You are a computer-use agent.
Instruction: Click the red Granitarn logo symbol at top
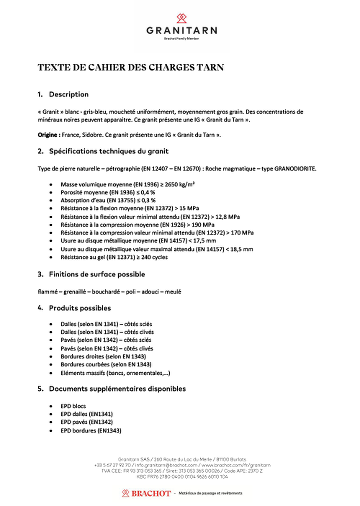click(181, 18)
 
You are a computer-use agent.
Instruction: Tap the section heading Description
click(69, 94)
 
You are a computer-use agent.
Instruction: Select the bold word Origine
click(47, 135)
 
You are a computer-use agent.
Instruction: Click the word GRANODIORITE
click(295, 169)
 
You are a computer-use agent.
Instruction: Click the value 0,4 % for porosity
click(148, 192)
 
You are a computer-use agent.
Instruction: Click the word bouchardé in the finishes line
click(106, 292)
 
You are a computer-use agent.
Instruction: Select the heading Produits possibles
click(80, 308)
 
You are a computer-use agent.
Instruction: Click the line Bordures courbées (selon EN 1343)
click(106, 364)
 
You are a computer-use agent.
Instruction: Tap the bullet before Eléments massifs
click(51, 373)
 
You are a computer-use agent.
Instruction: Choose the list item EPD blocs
click(73, 406)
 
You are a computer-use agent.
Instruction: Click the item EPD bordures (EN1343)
click(91, 430)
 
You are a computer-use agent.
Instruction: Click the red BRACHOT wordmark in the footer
click(151, 493)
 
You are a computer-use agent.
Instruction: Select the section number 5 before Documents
click(40, 389)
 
